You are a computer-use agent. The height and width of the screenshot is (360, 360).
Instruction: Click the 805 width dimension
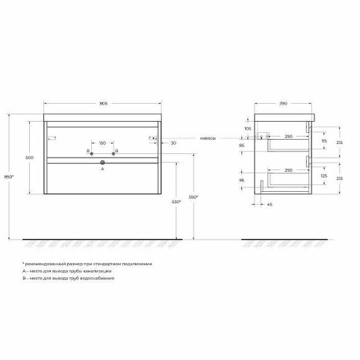click(x=104, y=103)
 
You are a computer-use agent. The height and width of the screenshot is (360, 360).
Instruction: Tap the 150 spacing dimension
click(x=103, y=143)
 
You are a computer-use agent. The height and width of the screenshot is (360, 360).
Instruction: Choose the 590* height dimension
click(x=194, y=197)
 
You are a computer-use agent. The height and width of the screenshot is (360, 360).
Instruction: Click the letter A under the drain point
click(x=103, y=168)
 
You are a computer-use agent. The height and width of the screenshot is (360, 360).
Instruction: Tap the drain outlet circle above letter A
click(x=103, y=163)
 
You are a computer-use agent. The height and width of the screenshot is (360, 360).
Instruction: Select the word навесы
click(x=207, y=138)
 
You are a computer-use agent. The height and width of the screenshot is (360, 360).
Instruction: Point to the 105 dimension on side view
click(x=248, y=128)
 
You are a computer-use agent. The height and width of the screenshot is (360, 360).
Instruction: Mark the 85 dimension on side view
click(x=248, y=146)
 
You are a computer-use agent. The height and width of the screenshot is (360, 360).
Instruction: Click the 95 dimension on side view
click(x=248, y=181)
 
